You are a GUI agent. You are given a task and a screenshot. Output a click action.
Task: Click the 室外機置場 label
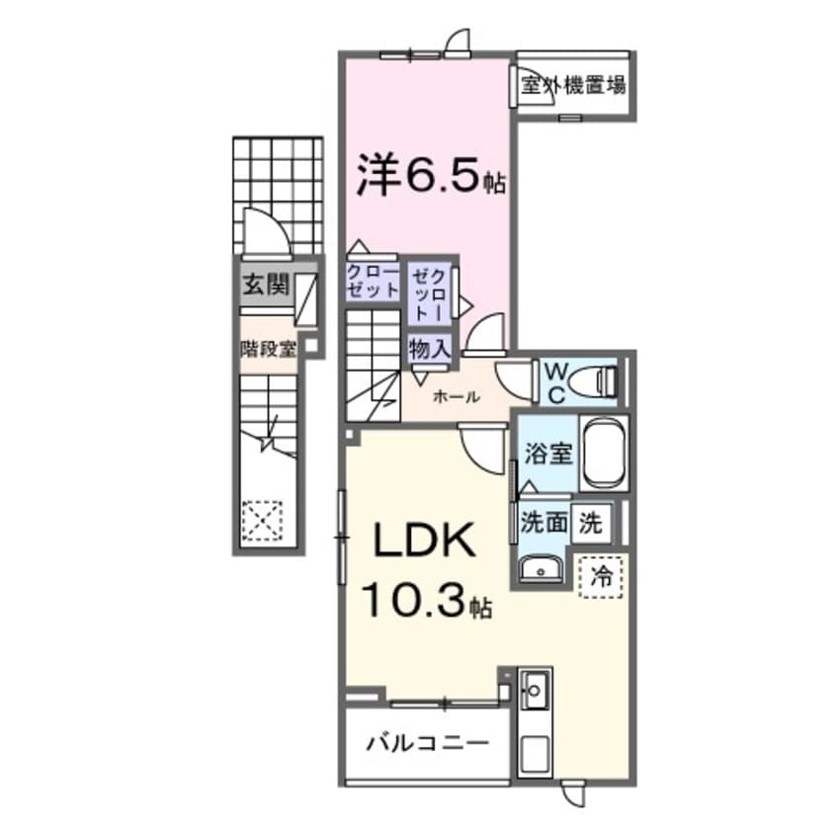tap(573, 85)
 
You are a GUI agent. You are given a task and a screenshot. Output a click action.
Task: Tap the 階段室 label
tap(268, 348)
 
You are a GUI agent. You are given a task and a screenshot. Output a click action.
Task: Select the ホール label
tap(457, 397)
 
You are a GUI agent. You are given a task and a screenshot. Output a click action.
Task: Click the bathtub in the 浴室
tap(603, 455)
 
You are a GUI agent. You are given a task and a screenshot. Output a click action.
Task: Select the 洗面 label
tap(543, 522)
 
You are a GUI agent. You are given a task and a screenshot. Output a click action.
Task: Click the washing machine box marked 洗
tap(591, 522)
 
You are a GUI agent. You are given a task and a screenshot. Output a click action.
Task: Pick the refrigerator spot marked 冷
tap(599, 573)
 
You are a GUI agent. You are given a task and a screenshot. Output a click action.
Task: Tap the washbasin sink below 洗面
tap(540, 568)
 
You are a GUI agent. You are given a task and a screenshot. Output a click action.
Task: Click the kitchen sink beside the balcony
tap(535, 692)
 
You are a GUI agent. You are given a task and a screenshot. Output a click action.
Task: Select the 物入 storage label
tap(430, 348)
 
